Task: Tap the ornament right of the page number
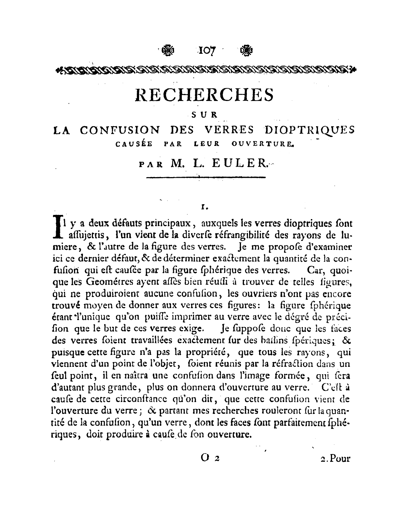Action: click(246, 50)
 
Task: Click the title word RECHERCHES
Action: click(205, 95)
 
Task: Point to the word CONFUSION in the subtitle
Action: click(120, 130)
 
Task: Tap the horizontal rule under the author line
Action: click(206, 178)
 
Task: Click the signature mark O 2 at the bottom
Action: click(210, 458)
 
